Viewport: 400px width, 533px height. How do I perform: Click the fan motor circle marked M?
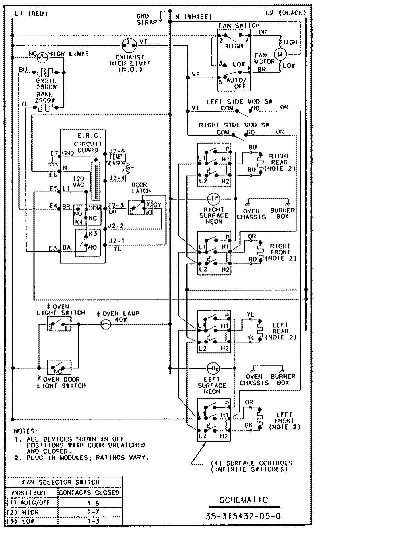point(280,54)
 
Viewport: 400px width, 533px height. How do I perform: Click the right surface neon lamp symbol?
point(214,199)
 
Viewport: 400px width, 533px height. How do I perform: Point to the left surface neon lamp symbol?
point(214,368)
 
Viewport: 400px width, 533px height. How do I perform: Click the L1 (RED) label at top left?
point(31,14)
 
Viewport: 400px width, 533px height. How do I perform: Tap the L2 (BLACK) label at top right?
point(285,13)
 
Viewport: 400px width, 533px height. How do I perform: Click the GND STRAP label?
point(146,19)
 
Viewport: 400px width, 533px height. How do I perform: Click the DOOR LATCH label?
point(141,188)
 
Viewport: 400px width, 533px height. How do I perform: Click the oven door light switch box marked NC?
point(59,368)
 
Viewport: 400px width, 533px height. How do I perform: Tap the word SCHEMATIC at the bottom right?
point(244,500)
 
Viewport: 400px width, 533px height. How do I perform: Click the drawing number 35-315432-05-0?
point(243,516)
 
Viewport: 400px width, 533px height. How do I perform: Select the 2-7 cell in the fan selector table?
point(90,512)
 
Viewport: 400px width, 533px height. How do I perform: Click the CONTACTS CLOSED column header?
point(89,492)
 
